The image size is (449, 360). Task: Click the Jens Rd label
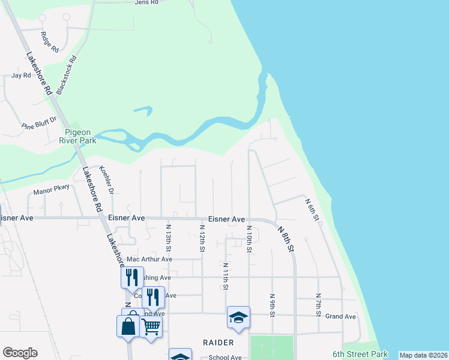point(146,3)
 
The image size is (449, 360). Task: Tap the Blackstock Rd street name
point(67,74)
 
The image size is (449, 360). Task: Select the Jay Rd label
point(21,76)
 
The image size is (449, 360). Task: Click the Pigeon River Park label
point(80,136)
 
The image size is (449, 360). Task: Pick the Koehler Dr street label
point(106,181)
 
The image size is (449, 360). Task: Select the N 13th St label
point(169,238)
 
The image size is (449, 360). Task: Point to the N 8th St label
point(286,238)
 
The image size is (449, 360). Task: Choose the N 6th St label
point(311,210)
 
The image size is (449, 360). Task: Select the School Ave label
point(224,358)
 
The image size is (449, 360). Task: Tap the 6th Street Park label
point(360,355)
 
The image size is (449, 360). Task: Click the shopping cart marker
point(151,327)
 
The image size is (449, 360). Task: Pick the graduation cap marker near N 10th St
point(238,317)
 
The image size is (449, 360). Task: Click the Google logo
point(20,353)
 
